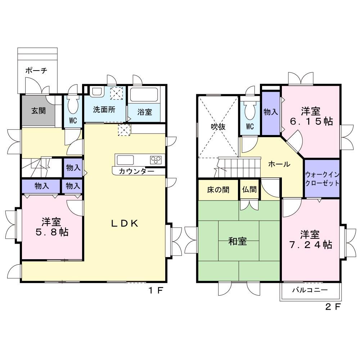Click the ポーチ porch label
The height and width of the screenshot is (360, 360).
click(x=36, y=70)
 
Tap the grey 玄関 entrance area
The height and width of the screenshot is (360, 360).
click(x=39, y=111)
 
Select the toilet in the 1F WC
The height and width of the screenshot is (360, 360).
click(x=73, y=104)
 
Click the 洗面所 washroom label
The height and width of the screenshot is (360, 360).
click(x=104, y=109)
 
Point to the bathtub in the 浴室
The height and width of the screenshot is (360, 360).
click(x=144, y=95)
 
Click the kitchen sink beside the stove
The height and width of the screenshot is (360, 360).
click(x=125, y=160)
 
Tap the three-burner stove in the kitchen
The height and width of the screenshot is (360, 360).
click(x=156, y=159)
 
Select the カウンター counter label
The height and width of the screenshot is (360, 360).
click(x=136, y=171)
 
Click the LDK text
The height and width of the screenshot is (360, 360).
click(x=125, y=223)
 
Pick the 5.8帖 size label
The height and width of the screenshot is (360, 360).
click(x=52, y=232)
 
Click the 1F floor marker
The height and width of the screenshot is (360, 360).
click(x=156, y=291)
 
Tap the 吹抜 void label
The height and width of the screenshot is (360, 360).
click(x=218, y=126)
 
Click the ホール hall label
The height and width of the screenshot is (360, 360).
click(x=279, y=164)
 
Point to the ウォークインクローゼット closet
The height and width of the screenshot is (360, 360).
click(x=322, y=179)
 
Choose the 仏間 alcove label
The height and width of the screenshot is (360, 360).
click(x=249, y=189)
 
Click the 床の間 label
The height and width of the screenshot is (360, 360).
click(x=218, y=190)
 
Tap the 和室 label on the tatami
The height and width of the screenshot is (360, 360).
click(x=238, y=241)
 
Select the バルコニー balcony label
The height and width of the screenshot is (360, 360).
click(x=310, y=290)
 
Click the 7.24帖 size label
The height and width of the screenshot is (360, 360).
click(x=310, y=245)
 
